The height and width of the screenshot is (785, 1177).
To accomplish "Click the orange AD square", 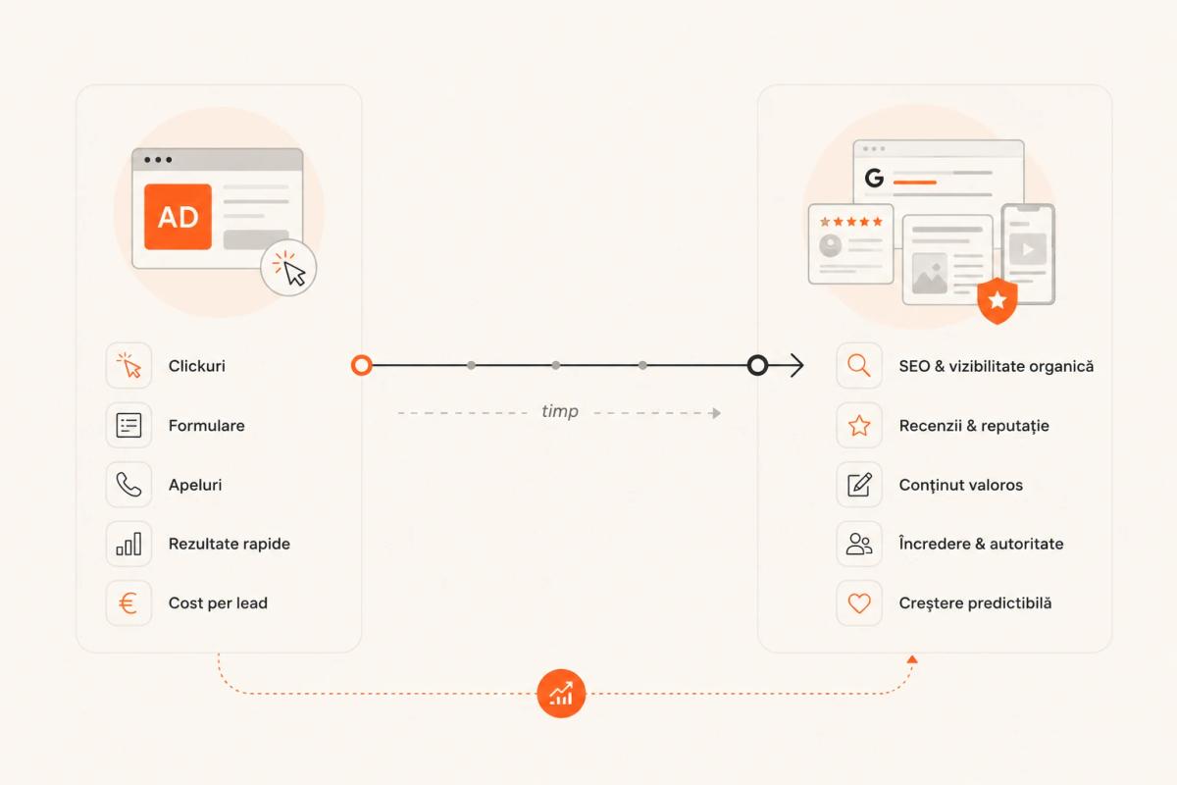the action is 179,217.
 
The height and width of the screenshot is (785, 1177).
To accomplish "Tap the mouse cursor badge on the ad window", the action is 288,268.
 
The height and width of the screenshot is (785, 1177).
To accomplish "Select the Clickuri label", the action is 196,366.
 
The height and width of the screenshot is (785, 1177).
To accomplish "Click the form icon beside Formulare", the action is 128,425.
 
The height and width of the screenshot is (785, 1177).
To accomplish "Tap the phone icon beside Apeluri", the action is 128,485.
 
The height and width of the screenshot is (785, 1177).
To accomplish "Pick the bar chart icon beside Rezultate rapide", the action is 128,544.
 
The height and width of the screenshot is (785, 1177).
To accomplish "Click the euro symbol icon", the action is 128,603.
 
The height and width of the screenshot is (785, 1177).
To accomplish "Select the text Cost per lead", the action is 218,603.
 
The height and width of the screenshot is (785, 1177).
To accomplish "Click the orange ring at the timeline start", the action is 362,365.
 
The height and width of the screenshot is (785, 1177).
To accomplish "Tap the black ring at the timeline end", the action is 757,365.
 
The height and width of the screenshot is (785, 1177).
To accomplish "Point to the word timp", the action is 560,411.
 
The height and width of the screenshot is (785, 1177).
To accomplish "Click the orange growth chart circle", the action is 561,694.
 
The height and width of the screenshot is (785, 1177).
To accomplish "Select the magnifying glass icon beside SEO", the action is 859,365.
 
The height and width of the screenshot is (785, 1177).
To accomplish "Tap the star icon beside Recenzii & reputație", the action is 859,425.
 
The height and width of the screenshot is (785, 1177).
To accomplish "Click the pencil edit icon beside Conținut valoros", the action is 859,485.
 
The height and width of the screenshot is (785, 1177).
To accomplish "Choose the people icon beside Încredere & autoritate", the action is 859,544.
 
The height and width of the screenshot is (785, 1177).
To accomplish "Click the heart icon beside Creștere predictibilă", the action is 859,603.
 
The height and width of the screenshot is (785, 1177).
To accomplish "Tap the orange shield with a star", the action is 998,300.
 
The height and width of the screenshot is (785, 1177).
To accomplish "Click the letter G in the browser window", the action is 874,178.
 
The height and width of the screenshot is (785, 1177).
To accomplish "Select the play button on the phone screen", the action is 1028,249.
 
